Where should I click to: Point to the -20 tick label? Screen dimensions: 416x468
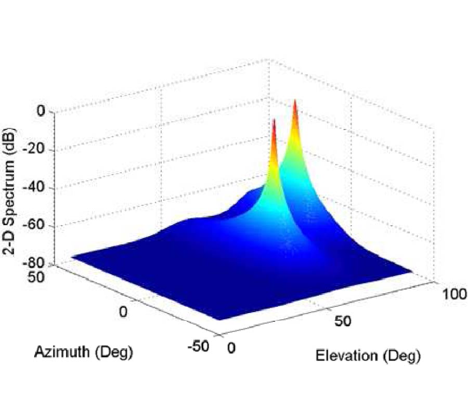tap(35, 150)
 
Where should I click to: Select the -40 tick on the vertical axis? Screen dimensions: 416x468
tap(35, 188)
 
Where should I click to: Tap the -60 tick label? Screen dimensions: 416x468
tap(35, 226)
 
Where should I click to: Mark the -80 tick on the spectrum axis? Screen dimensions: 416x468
tap(35, 264)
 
